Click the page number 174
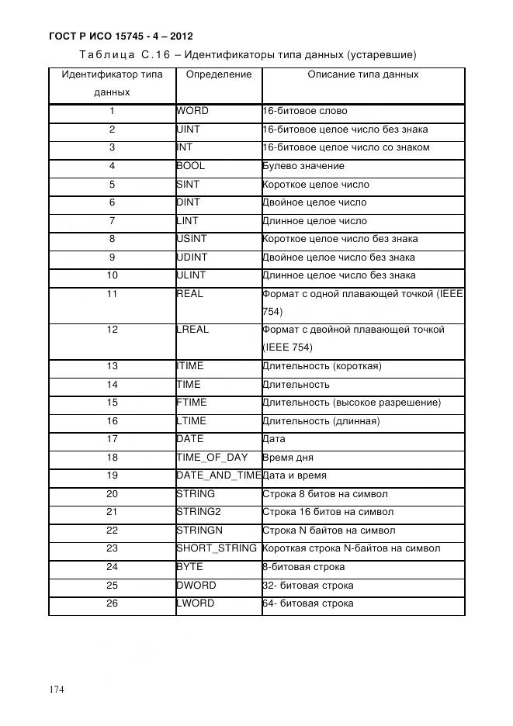tap(58, 690)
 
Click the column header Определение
tap(219, 74)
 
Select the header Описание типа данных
tap(362, 74)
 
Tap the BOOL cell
tap(191, 166)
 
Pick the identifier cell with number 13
tap(113, 366)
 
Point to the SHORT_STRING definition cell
tap(217, 548)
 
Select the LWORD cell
tap(196, 603)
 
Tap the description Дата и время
tap(295, 475)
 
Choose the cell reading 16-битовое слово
tap(305, 111)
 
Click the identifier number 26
tap(113, 603)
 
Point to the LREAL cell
tap(192, 330)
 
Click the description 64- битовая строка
tap(308, 603)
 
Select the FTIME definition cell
tap(192, 403)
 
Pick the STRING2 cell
tap(199, 512)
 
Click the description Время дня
tap(288, 458)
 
